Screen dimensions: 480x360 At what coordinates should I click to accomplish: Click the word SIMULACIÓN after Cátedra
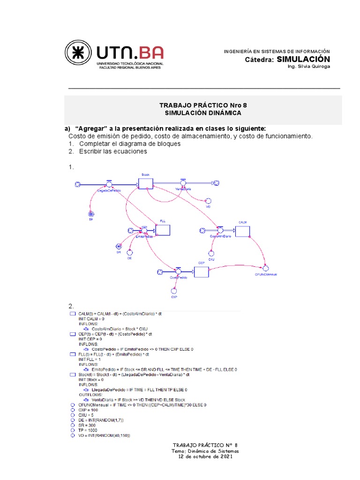[303, 59]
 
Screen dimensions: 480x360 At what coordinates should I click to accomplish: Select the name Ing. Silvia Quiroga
[308, 67]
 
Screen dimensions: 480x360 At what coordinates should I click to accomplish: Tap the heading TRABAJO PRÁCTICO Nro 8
[203, 105]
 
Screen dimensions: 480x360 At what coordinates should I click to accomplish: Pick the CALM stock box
[242, 231]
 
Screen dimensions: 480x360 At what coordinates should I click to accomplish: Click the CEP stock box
[201, 272]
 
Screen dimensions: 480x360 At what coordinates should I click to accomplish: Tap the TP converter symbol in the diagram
[91, 214]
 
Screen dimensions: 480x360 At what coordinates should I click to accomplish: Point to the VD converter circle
[208, 200]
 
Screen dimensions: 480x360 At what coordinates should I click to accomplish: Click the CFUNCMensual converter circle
[266, 268]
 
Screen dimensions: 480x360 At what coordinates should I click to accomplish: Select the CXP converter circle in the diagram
[174, 291]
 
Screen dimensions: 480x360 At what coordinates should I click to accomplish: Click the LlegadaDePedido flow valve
[109, 184]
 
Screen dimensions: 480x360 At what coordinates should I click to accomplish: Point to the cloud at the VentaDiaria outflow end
[215, 184]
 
